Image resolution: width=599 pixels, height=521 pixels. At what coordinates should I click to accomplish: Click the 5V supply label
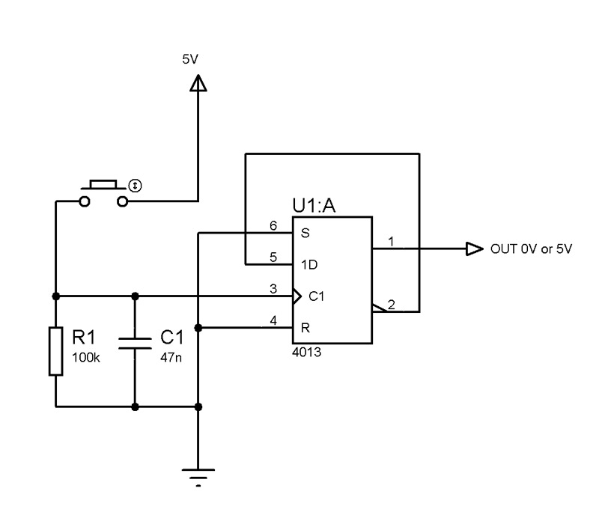pyautogui.click(x=190, y=59)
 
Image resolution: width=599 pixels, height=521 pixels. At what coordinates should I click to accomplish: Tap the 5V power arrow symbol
pyautogui.click(x=198, y=83)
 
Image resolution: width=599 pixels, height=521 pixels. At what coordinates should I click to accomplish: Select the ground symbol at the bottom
pyautogui.click(x=198, y=478)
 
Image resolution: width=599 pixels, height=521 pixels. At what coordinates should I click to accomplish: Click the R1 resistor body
pyautogui.click(x=55, y=351)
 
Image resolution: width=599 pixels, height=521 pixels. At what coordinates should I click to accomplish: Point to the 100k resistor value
pyautogui.click(x=86, y=358)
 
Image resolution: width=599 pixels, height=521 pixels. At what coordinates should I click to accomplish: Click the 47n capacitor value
pyautogui.click(x=171, y=358)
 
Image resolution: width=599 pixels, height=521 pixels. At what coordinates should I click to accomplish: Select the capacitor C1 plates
pyautogui.click(x=135, y=344)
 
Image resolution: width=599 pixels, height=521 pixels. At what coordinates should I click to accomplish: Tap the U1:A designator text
pyautogui.click(x=314, y=206)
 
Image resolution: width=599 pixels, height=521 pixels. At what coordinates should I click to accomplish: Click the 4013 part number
pyautogui.click(x=306, y=352)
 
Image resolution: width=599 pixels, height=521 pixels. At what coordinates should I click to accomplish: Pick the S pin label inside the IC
pyautogui.click(x=305, y=233)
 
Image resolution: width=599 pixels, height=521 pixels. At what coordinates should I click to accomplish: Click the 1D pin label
pyautogui.click(x=309, y=265)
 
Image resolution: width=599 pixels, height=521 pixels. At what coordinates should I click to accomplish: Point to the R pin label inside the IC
pyautogui.click(x=305, y=328)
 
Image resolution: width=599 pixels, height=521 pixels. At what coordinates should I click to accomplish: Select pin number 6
pyautogui.click(x=273, y=226)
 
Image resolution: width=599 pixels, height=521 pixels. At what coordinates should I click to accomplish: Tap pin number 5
pyautogui.click(x=273, y=257)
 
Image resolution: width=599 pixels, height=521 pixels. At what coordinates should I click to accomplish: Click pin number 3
pyautogui.click(x=273, y=289)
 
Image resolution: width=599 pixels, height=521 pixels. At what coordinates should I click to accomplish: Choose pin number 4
pyautogui.click(x=273, y=320)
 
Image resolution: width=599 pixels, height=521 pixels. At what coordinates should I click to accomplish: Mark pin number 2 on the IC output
pyautogui.click(x=391, y=305)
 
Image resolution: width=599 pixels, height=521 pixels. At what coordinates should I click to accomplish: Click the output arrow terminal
pyautogui.click(x=475, y=249)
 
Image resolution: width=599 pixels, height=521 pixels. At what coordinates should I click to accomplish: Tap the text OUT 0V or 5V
pyautogui.click(x=531, y=249)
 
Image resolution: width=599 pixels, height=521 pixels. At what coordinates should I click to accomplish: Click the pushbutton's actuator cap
pyautogui.click(x=103, y=184)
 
